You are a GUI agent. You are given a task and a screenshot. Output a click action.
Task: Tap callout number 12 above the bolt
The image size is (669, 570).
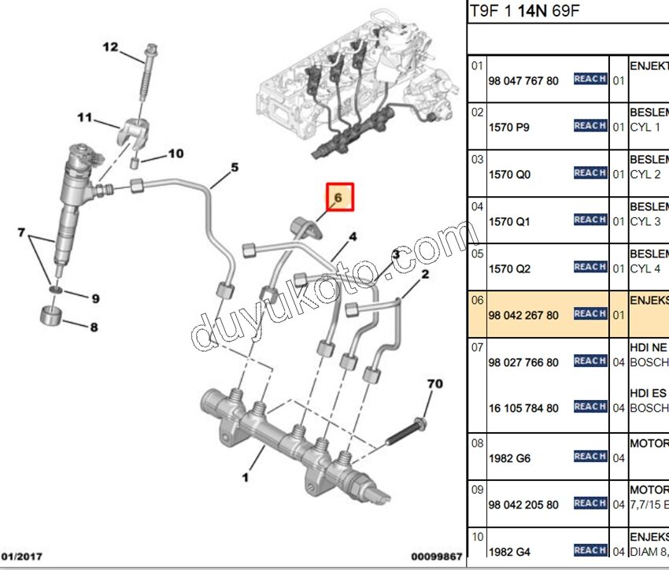(x=109, y=47)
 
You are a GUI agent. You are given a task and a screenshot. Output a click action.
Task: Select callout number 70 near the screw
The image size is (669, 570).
(x=435, y=384)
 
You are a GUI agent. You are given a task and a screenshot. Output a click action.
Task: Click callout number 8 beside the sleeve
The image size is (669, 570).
(x=94, y=327)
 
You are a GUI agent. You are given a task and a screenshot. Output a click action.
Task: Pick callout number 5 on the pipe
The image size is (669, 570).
(x=234, y=168)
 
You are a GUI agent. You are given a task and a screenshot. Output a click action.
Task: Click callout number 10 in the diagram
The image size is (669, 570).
(x=174, y=154)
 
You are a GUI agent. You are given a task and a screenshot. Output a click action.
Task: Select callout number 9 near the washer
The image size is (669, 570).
(x=94, y=298)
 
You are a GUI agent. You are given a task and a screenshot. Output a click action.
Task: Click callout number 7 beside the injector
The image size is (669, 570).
(x=22, y=232)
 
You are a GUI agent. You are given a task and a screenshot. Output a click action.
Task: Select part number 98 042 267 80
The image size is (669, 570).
(x=523, y=315)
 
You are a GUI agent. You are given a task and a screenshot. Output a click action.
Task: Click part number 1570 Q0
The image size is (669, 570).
(x=509, y=174)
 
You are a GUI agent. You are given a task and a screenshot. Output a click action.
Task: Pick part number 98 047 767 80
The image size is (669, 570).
(x=523, y=80)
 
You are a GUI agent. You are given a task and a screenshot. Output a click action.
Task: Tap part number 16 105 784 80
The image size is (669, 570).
(x=523, y=408)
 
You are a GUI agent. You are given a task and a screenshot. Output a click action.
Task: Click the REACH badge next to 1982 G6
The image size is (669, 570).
(x=590, y=456)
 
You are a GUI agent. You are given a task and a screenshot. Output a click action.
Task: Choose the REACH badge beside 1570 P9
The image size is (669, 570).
(x=590, y=126)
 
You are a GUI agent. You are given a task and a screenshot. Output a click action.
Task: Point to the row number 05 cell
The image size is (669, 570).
(x=477, y=254)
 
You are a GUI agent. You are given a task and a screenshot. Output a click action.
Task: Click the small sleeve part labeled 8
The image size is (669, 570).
(x=52, y=318)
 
